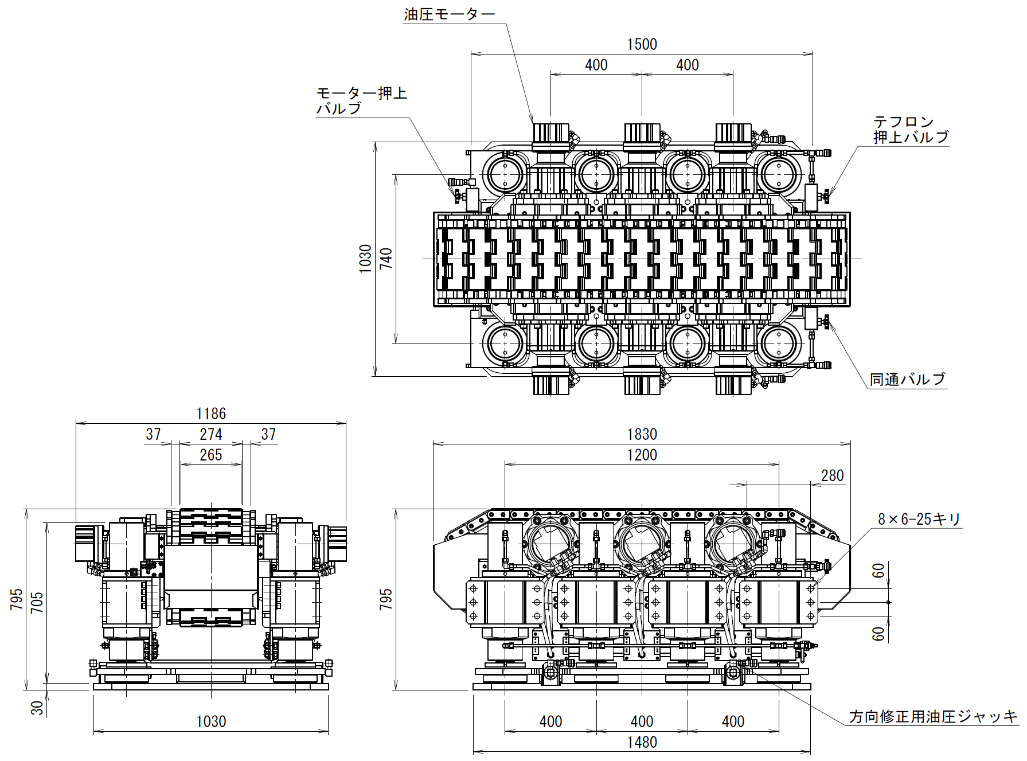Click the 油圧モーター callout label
449,14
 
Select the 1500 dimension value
642,45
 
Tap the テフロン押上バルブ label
911,130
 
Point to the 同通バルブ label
907,380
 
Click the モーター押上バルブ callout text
361,101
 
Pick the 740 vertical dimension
386,259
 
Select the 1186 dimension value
211,414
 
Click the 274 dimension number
211,435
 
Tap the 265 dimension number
211,455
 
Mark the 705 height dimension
37,603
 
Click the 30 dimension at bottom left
37,708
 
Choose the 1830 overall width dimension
642,435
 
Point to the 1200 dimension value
642,455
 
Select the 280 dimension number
833,476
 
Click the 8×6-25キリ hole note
919,520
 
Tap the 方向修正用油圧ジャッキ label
934,717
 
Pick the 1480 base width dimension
642,743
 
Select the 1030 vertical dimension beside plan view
366,259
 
